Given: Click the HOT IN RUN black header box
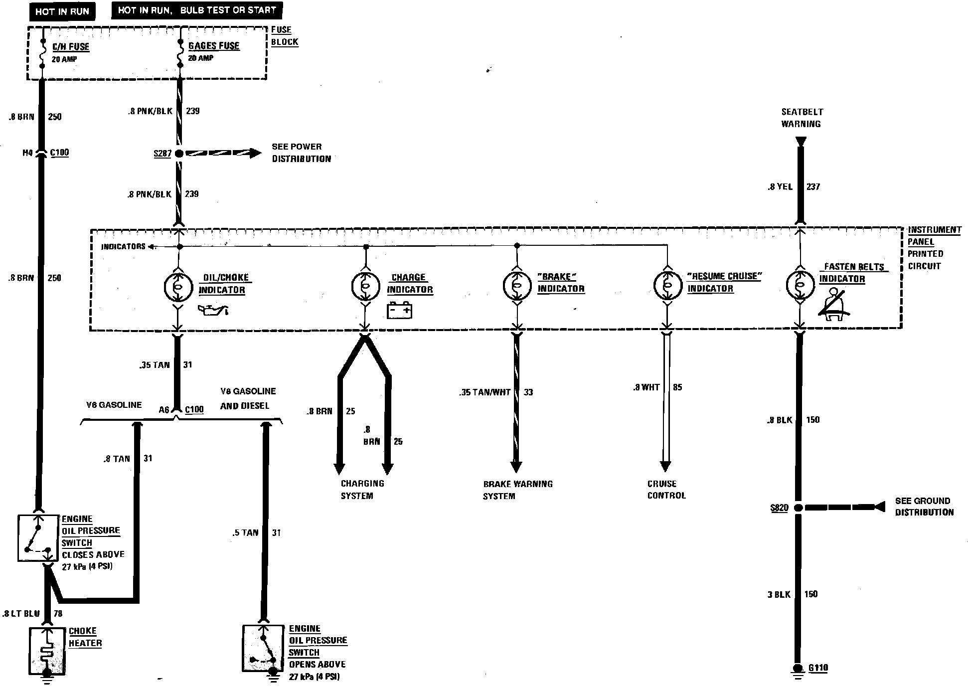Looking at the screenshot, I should (x=62, y=11).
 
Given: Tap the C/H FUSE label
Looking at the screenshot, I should (x=71, y=47).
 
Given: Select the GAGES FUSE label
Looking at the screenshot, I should (x=214, y=46).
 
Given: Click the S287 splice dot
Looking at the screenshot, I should (x=179, y=154).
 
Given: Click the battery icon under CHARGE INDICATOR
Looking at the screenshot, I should (x=400, y=311).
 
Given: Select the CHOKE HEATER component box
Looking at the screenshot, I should (x=47, y=651).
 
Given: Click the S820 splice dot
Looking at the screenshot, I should (x=798, y=508).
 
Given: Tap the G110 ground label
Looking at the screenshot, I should (x=818, y=668).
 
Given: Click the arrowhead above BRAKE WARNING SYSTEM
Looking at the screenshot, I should (x=516, y=467).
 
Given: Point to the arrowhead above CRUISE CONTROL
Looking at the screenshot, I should (x=665, y=467).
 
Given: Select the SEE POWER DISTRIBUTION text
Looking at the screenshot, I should (x=301, y=153).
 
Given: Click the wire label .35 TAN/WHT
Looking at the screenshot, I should (x=484, y=392).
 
